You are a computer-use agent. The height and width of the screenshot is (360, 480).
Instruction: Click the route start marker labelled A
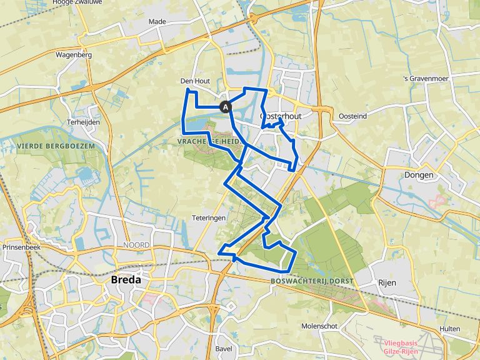coord(226,107)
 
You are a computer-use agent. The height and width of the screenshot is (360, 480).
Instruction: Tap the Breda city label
coord(126,280)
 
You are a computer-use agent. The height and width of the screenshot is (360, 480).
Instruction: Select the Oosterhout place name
coord(281,116)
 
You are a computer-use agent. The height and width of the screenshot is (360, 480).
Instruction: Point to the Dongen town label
coord(419,175)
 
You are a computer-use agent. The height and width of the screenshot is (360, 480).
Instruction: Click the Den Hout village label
coord(194,81)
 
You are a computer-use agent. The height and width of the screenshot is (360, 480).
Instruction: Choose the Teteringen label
coord(209,217)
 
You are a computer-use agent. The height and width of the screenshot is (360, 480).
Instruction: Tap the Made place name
coord(157,21)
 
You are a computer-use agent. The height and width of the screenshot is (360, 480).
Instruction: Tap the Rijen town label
coord(387,282)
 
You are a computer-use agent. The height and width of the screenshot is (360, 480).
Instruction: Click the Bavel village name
coord(223,348)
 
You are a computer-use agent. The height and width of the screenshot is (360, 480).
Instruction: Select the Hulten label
coord(449,329)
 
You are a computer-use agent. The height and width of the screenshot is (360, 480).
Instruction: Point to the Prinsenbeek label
coord(22,247)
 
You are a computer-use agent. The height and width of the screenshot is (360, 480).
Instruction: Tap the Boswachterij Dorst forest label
coord(312,281)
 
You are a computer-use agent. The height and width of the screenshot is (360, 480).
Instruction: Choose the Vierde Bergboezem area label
coord(56,145)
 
